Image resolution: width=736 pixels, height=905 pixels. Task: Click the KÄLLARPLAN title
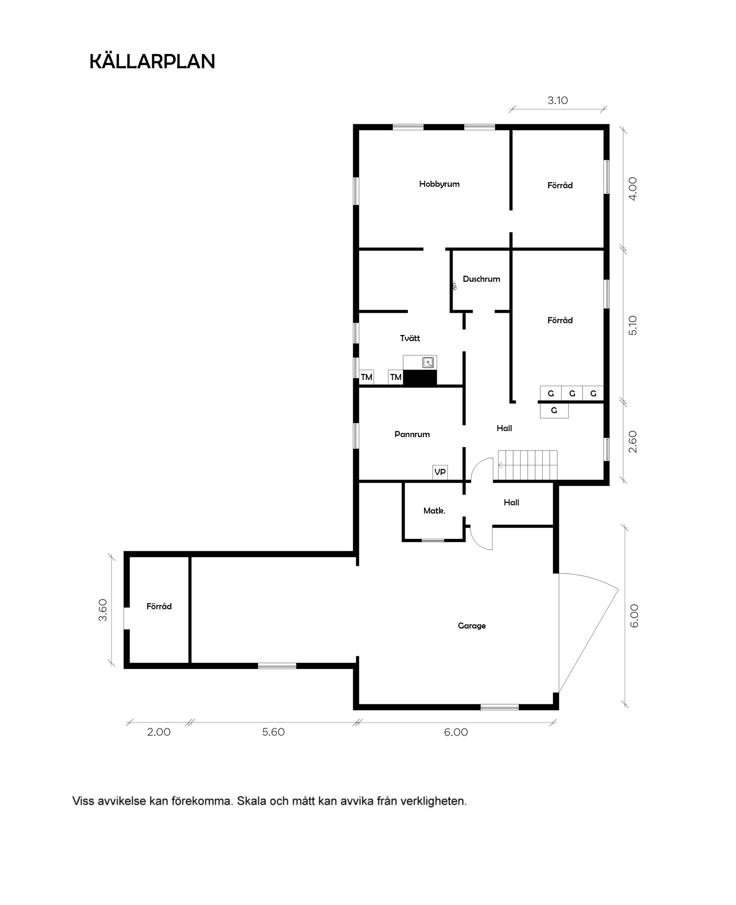click(x=152, y=62)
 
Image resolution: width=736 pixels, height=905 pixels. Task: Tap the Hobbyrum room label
click(x=439, y=184)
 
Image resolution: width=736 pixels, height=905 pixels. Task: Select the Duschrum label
click(x=481, y=279)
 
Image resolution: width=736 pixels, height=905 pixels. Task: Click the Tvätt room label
click(x=410, y=338)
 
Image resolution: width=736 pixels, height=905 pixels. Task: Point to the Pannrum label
click(x=412, y=435)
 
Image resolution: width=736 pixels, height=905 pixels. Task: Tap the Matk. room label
click(x=434, y=511)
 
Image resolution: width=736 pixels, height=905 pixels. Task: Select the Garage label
click(x=472, y=626)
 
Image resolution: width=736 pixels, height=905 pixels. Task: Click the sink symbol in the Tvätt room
click(x=428, y=363)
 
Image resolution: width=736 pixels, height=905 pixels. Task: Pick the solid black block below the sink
click(x=420, y=378)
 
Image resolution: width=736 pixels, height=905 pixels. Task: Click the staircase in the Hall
click(x=527, y=465)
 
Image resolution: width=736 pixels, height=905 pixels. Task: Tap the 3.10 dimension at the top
click(x=557, y=101)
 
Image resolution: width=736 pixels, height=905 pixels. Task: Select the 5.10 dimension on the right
click(x=632, y=325)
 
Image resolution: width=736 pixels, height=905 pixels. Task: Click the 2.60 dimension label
click(x=632, y=442)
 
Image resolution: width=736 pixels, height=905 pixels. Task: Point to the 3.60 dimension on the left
click(x=103, y=610)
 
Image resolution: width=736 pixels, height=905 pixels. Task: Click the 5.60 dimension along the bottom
click(x=273, y=732)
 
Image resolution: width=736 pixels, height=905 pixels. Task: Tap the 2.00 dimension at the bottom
click(x=159, y=732)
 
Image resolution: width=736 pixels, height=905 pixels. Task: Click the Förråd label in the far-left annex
click(x=159, y=606)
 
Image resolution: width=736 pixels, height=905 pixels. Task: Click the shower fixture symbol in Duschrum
click(x=454, y=287)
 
